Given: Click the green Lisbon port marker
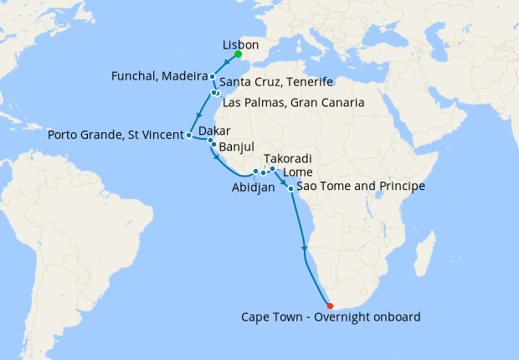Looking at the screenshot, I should pos(239,54).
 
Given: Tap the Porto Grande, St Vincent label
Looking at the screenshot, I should pos(116,134).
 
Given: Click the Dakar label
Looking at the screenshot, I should pos(214,131).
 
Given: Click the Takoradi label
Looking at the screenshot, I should pos(288,158).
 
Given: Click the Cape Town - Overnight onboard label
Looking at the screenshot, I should pos(330,317).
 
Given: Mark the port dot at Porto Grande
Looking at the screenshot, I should pos(189,135).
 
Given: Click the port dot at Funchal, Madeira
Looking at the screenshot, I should pos(213,77).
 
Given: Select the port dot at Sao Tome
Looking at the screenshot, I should pos(290,188).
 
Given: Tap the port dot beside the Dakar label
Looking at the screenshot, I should pos(211,141).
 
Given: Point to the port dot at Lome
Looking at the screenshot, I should pos(272,169).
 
